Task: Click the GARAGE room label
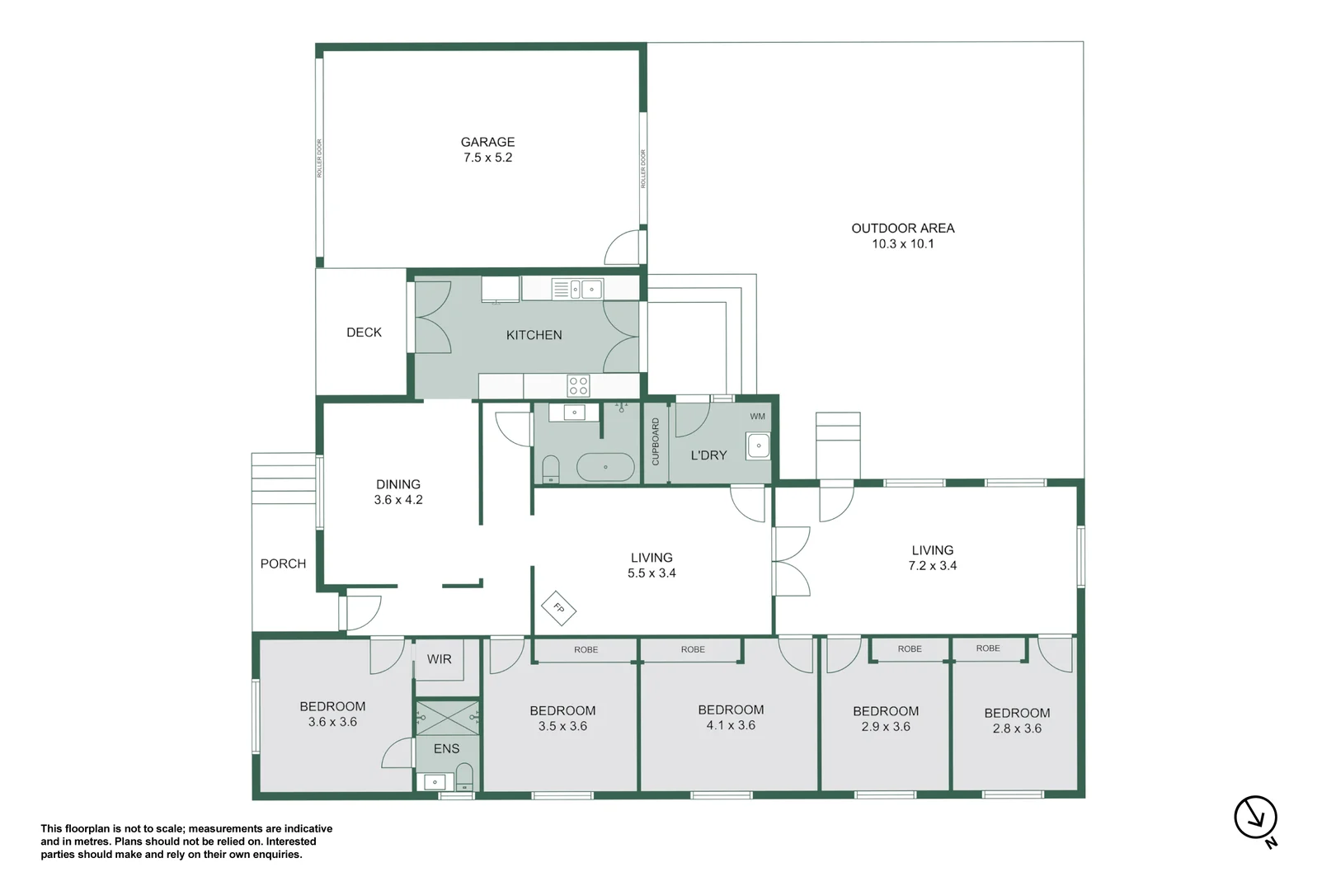pos(487,142)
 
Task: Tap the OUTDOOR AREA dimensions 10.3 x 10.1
pos(902,243)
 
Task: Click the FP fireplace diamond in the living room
pos(558,608)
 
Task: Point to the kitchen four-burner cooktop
pos(578,385)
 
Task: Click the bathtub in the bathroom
pos(604,467)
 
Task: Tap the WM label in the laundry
pos(757,417)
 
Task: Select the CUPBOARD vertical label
pos(656,441)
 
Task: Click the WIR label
pos(439,659)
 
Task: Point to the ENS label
pos(446,748)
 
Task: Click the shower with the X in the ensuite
pos(447,718)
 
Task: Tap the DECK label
pos(364,332)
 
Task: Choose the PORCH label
pos(283,563)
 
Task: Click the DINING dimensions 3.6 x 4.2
pos(398,500)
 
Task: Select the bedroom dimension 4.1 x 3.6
pos(731,725)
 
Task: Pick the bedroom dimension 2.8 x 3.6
pos(1017,728)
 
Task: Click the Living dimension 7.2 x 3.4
pos(932,566)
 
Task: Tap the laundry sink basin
pos(758,445)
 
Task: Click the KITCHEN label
pos(534,336)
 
